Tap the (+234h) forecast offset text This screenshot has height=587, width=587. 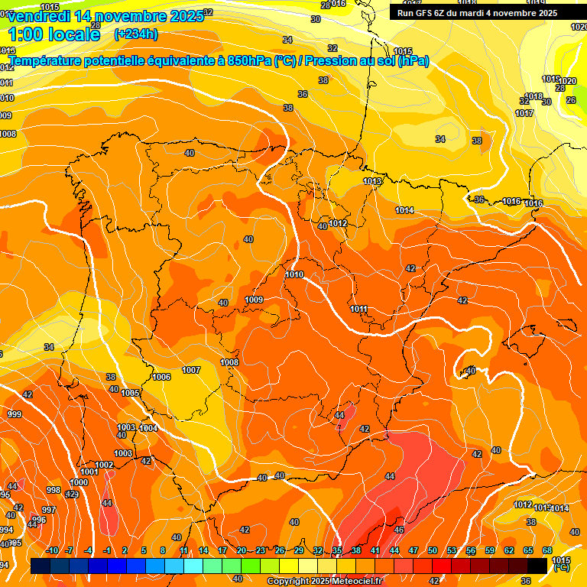pos(135,34)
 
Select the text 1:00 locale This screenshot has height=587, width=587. pos(54,34)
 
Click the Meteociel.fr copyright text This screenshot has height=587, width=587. pos(324,582)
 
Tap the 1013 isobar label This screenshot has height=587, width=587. pos(372,181)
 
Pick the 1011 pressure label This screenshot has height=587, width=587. pos(359,309)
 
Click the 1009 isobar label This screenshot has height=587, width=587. pos(255,300)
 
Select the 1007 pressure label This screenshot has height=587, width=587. pos(191,370)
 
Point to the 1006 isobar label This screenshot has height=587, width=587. pos(161,377)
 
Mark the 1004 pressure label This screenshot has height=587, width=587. pos(149,428)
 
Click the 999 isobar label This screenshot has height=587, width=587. pos(15,414)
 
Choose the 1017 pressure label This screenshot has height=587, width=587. pos(524,113)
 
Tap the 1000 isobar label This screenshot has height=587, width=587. pos(79,482)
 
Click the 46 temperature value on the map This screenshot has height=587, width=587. pos(399,529)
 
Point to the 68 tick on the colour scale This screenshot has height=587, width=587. pos(547,550)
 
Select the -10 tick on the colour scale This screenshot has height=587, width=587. pos(52,550)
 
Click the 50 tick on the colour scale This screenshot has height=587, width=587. pos(433,550)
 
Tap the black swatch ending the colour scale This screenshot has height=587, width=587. pos(537,566)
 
